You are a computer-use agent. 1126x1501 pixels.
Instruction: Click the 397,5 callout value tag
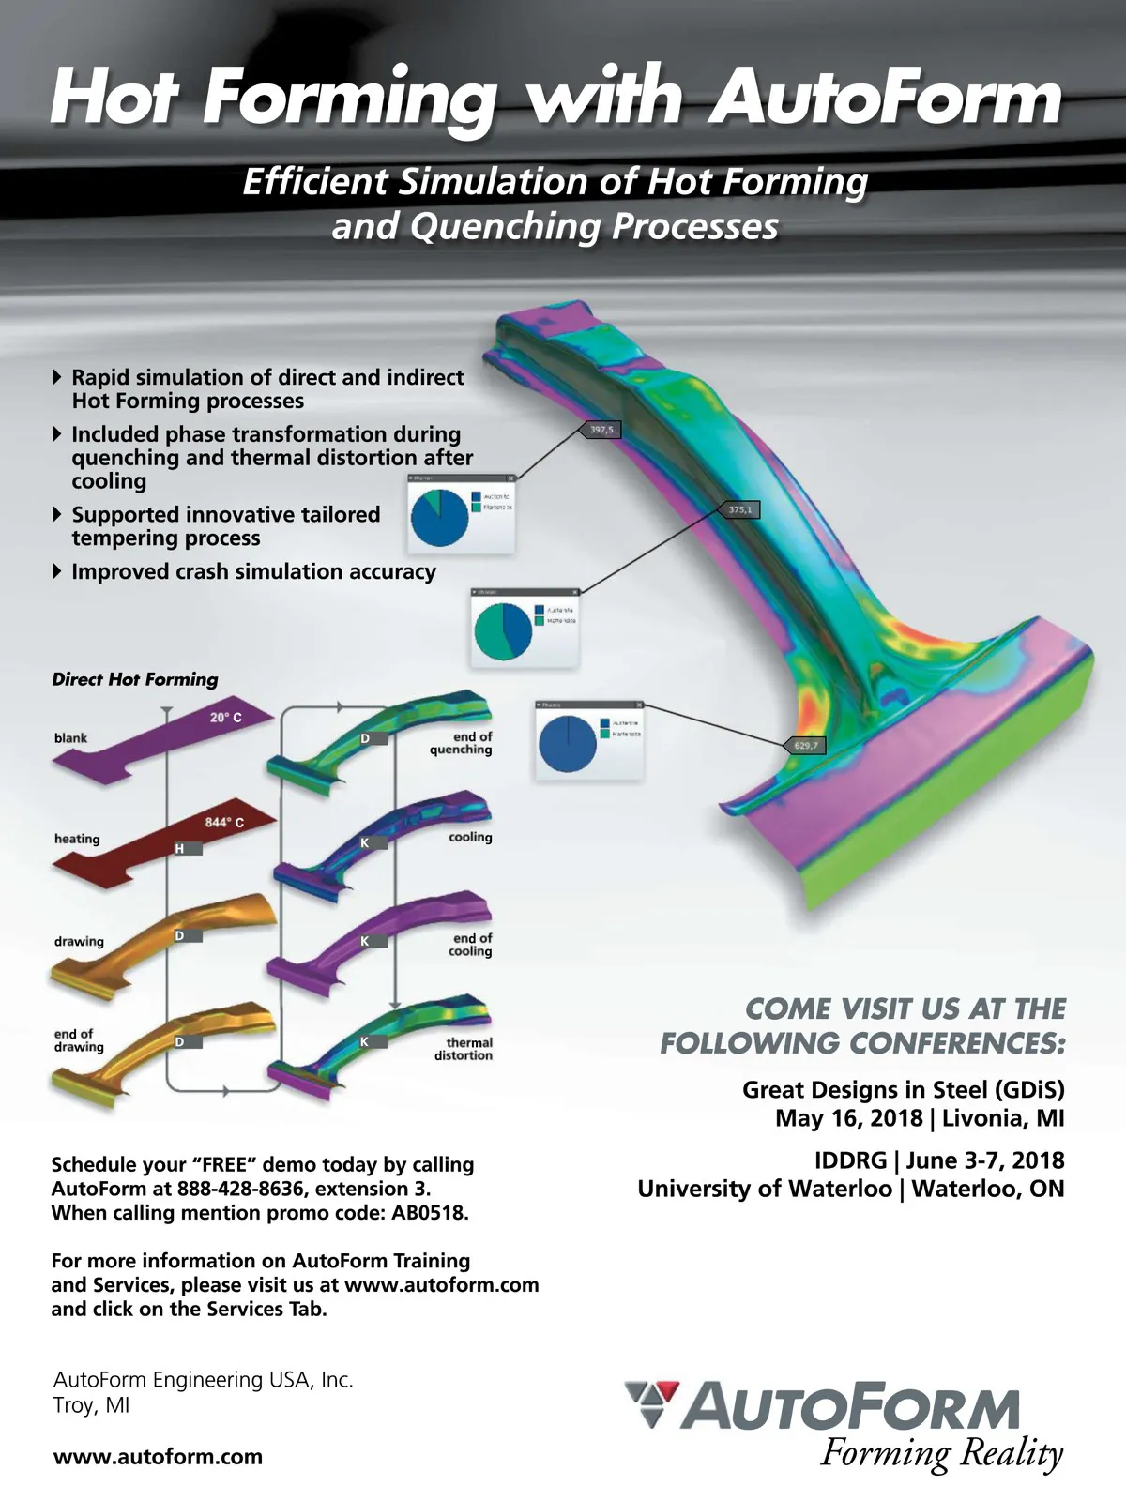coord(601,430)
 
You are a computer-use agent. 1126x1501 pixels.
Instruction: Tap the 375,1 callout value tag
coord(740,509)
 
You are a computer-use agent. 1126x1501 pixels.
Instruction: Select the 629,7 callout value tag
coord(805,746)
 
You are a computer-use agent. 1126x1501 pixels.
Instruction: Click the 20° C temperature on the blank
coord(225,718)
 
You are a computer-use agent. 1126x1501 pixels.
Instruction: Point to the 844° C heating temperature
coord(224,823)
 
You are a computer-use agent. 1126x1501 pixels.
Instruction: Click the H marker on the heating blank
coord(179,849)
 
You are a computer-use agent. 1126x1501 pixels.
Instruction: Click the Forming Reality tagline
coord(941,1454)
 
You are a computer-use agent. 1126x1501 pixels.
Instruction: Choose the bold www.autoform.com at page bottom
coord(158,1457)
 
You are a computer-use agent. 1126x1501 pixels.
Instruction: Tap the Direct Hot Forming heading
coord(135,679)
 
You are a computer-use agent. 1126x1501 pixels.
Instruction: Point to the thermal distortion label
coord(465,1049)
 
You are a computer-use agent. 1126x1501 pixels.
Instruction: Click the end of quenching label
coord(462,743)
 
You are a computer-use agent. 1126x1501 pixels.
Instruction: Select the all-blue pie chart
coord(568,743)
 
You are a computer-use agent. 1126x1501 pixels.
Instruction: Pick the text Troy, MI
coord(91,1405)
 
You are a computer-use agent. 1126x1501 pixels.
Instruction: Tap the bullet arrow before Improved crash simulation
coord(58,571)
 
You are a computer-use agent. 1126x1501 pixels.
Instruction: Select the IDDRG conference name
coord(850,1160)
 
